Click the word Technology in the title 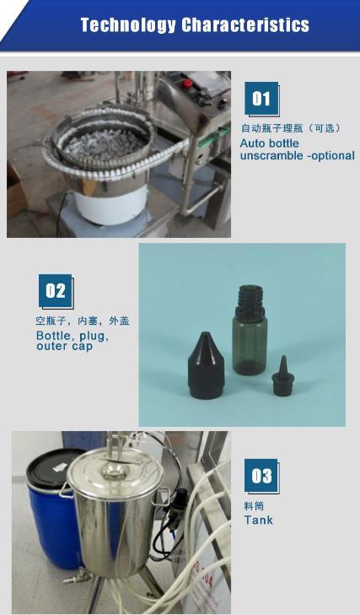coord(127,25)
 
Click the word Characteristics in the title coord(244,25)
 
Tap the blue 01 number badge coord(261,100)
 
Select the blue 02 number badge coord(56,291)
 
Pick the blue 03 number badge coord(261,476)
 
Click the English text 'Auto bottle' coord(269,143)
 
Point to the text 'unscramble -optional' coord(297,156)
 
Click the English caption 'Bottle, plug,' coord(72,336)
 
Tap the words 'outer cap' coord(64,347)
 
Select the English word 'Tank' coord(258,521)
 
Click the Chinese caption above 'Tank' coord(254,506)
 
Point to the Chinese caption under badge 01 coord(290,128)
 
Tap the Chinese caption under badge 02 coord(82,321)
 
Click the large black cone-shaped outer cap coord(206,365)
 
